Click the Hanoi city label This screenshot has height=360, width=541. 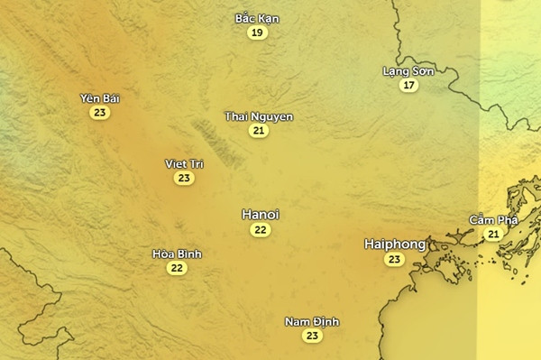pyautogui.click(x=261, y=215)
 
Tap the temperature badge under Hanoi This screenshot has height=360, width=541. pyautogui.click(x=261, y=230)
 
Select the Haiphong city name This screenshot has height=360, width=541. pyautogui.click(x=394, y=245)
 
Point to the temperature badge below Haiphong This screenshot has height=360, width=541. pyautogui.click(x=394, y=259)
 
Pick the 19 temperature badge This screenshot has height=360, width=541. pyautogui.click(x=258, y=32)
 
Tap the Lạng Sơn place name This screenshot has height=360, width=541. pyautogui.click(x=408, y=70)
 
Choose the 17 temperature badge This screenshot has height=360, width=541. pyautogui.click(x=409, y=85)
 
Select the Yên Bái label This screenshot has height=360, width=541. pyautogui.click(x=99, y=98)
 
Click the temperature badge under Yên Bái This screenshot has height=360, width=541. pyautogui.click(x=99, y=113)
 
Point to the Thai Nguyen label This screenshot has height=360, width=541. pyautogui.click(x=259, y=116)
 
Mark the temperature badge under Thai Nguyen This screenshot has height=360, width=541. pyautogui.click(x=259, y=131)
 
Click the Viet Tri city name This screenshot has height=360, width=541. pyautogui.click(x=184, y=163)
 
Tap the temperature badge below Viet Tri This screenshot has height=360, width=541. pyautogui.click(x=184, y=178)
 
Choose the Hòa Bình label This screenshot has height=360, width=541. pyautogui.click(x=177, y=254)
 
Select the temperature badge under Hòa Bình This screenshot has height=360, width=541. pyautogui.click(x=177, y=267)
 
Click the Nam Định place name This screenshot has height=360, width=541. pyautogui.click(x=312, y=322)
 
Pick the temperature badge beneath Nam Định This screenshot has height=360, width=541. pyautogui.click(x=312, y=336)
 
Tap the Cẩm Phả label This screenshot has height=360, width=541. pyautogui.click(x=493, y=220)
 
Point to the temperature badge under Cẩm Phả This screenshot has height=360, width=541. pyautogui.click(x=493, y=234)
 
